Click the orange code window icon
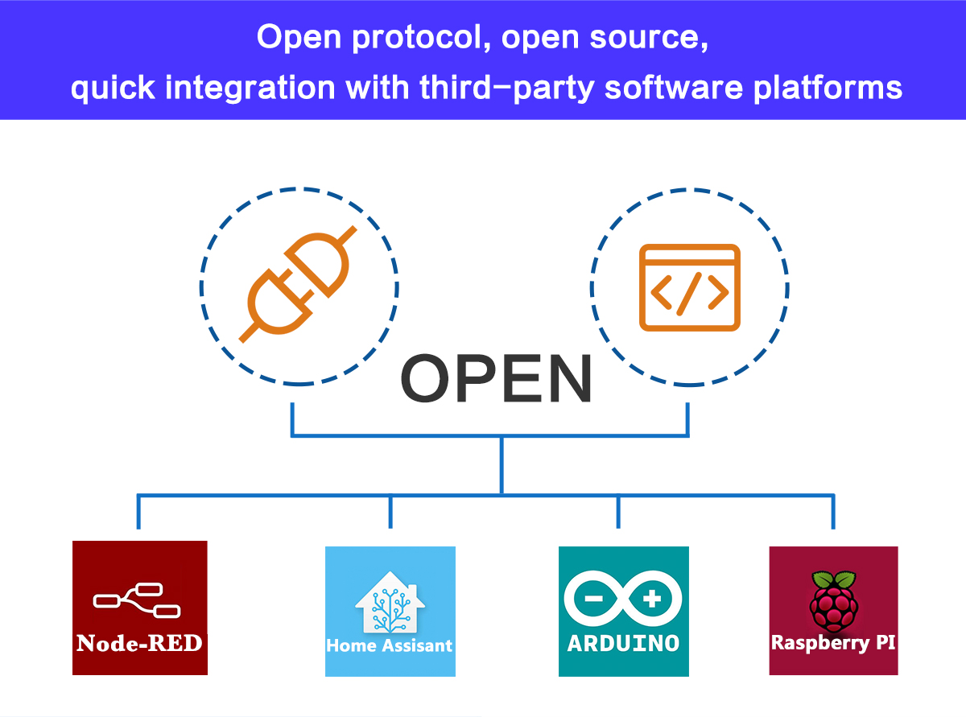(689, 287)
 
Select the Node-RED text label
(139, 643)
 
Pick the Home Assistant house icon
(390, 603)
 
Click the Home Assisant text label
(390, 645)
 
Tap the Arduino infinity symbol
(623, 600)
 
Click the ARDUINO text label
(623, 643)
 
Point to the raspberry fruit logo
(833, 601)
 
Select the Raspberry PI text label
(833, 643)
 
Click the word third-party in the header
(507, 87)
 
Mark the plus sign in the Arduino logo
(653, 599)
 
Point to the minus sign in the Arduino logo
(593, 599)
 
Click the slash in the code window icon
(689, 296)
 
